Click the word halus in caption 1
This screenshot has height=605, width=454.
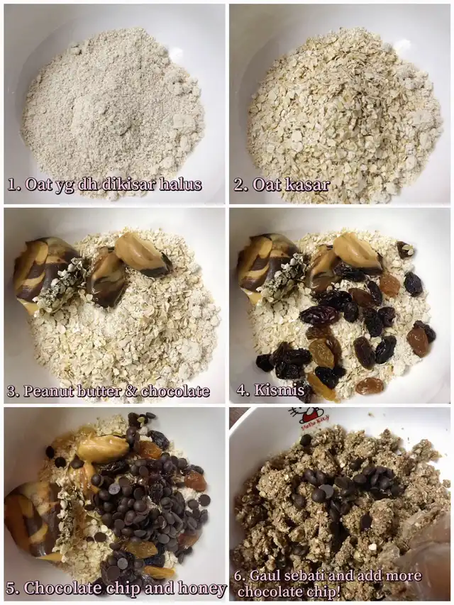181,184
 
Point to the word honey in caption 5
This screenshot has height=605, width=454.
202,589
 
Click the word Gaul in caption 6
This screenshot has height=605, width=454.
264,576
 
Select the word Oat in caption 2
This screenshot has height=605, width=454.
266,185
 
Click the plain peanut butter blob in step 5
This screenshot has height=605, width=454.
103,448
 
